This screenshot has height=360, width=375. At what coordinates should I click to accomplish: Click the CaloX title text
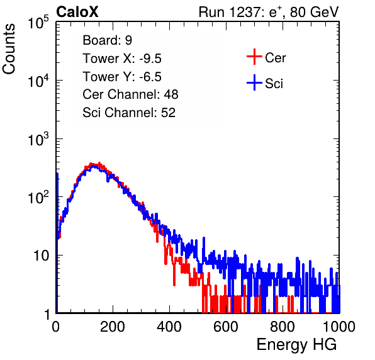point(77,12)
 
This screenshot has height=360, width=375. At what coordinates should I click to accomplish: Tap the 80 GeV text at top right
point(314,13)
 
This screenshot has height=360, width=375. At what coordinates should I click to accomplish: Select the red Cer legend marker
point(254,57)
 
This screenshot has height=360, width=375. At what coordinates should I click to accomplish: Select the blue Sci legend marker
point(254,82)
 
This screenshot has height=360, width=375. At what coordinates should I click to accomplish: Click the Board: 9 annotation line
point(108,40)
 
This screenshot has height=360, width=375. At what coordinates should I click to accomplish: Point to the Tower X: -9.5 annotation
point(122,59)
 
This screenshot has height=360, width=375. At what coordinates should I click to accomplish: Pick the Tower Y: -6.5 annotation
point(122,77)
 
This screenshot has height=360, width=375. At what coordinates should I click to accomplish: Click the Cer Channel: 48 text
point(130,94)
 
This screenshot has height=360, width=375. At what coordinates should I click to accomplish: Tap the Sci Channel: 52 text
point(129,113)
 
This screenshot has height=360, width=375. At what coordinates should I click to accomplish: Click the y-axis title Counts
point(9,49)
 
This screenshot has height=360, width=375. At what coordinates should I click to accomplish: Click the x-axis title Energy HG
point(296,345)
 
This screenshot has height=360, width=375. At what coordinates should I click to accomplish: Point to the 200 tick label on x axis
point(113,327)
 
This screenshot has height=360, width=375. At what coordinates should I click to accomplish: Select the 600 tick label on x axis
point(226,327)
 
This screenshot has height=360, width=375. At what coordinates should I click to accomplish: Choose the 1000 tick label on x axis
point(339,327)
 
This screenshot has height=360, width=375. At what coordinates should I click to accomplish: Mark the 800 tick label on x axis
point(283,327)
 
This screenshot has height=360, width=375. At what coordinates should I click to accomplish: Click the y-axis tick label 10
point(41,256)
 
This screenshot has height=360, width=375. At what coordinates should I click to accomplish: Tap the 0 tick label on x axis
point(55,327)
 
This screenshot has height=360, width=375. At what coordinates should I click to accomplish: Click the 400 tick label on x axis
point(169,327)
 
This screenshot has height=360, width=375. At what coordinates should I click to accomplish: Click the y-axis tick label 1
point(47,314)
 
